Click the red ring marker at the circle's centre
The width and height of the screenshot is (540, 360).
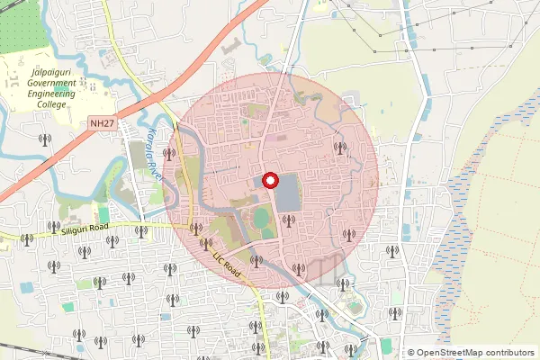[269, 181]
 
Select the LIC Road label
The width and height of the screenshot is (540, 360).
[224, 256]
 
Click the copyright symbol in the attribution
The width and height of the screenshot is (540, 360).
[410, 353]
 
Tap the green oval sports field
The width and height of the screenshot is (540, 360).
[261, 217]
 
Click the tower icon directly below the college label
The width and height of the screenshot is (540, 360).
[44, 139]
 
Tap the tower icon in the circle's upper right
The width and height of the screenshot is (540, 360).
[339, 148]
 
